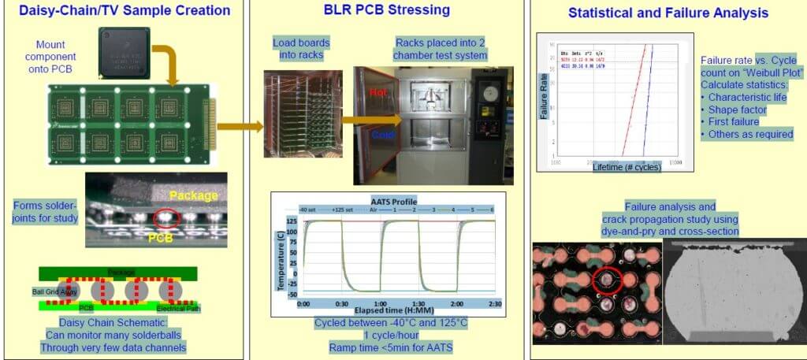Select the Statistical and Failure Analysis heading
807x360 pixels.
coord(667,13)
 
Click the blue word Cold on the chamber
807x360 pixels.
coord(382,135)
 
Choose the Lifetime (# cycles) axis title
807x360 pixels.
coord(626,167)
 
